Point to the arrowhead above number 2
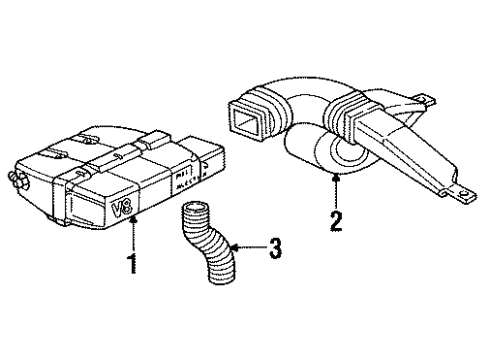(335, 175)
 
